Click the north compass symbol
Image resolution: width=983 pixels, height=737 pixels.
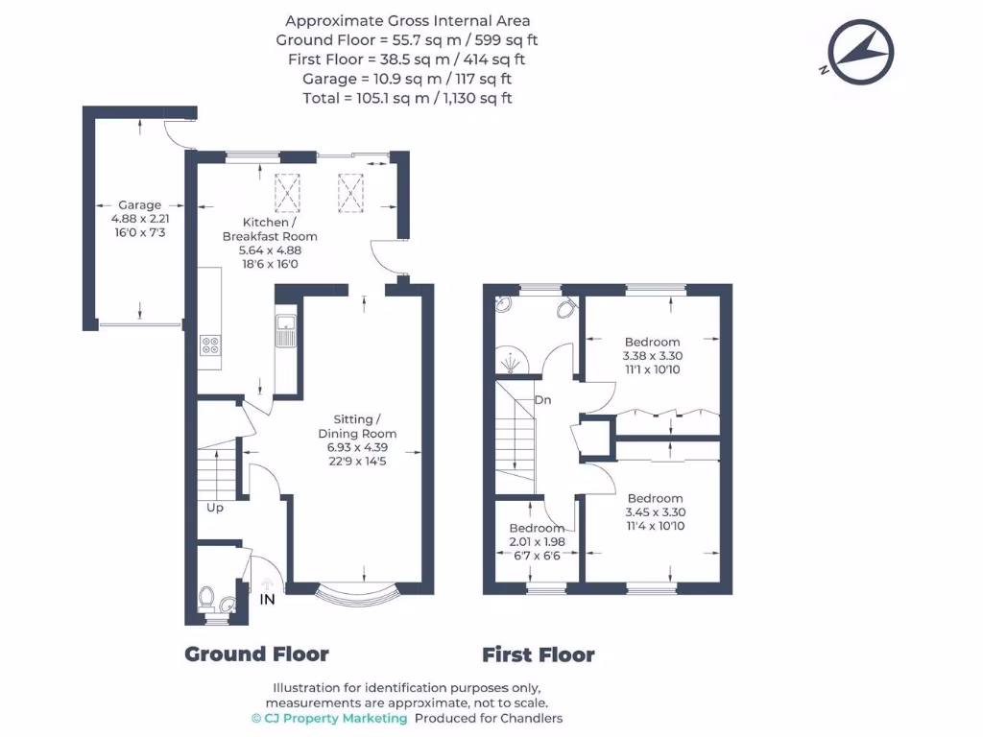pos(861,53)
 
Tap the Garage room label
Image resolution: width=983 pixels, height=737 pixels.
pos(139,204)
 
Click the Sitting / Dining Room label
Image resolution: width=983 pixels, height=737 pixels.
pos(357,426)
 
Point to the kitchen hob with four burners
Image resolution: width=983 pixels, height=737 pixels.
pos(210,345)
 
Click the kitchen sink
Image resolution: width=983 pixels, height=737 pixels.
pos(286,330)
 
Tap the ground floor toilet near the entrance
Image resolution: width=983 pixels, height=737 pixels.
pos(207,599)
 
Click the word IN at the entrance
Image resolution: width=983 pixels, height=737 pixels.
pos(268,600)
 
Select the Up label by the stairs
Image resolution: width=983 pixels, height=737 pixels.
pos(215,508)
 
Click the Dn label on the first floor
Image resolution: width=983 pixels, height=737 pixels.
pos(542,400)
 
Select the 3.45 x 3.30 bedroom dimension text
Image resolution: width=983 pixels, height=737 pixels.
pos(656,512)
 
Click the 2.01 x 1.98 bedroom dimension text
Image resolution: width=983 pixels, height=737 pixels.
pos(537,542)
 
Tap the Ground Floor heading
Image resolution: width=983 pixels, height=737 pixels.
pos(256,654)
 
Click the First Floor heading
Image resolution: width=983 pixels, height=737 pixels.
pos(538,655)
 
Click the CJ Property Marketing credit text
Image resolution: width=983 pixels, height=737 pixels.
pos(329,718)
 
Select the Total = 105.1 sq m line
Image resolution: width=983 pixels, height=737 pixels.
pos(407,98)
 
